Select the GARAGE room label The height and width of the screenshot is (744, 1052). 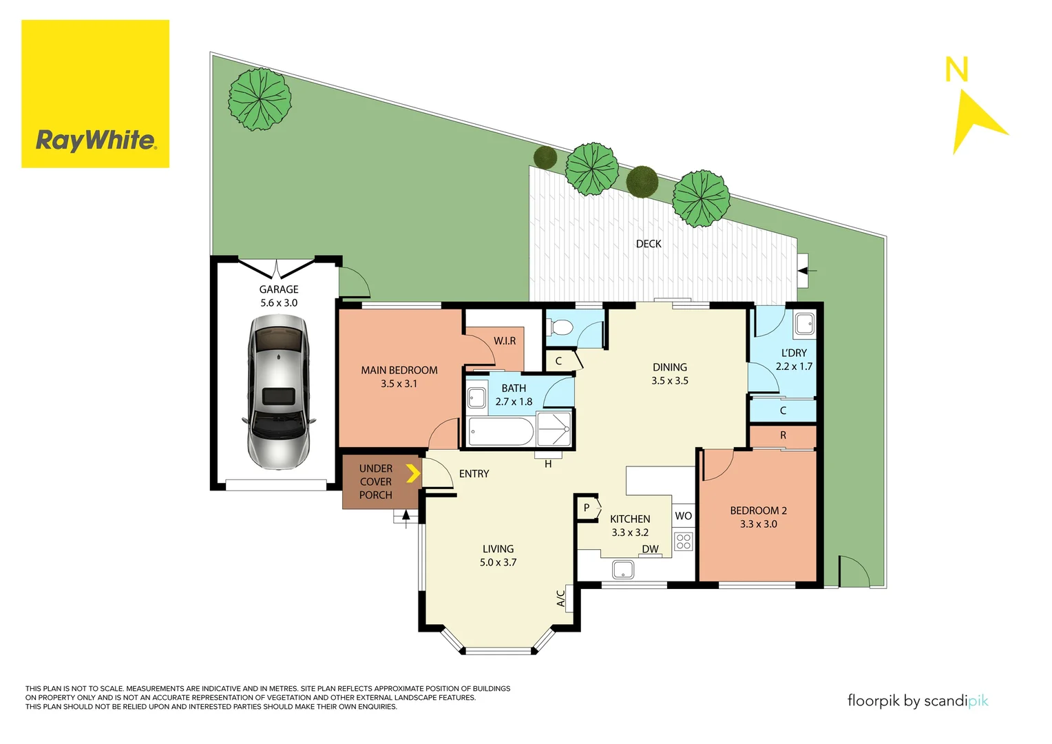[x=279, y=289]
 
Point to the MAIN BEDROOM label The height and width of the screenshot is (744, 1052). [x=399, y=371]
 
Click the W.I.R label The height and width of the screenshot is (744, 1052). [x=505, y=341]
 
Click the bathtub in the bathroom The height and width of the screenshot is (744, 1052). [x=501, y=432]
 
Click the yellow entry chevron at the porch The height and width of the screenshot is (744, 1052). [x=412, y=473]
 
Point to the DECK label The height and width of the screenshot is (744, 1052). [x=649, y=244]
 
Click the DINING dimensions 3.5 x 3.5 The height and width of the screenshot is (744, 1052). [x=670, y=381]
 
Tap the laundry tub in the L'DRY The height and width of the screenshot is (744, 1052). [x=804, y=324]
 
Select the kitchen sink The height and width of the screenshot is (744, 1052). [x=623, y=570]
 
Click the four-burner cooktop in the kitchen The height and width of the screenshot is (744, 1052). [x=683, y=541]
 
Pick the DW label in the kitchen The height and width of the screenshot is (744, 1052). [x=650, y=549]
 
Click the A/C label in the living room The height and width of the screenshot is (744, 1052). [x=561, y=597]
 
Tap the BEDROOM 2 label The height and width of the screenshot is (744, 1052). [x=758, y=510]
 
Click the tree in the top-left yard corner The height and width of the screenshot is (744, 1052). [x=260, y=99]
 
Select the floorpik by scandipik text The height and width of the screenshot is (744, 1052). [x=918, y=701]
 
